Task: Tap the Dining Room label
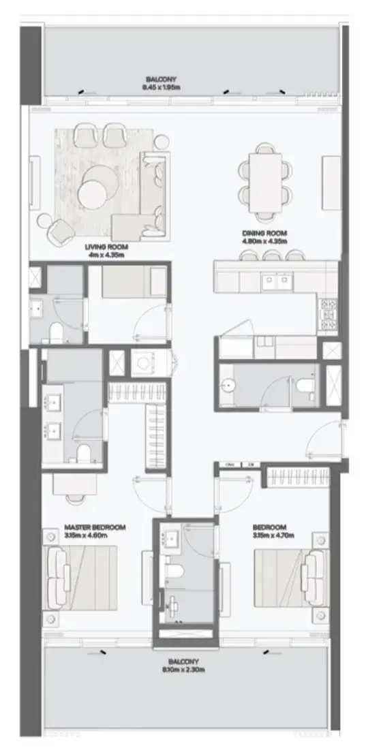point(264,233)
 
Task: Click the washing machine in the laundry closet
point(143,363)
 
